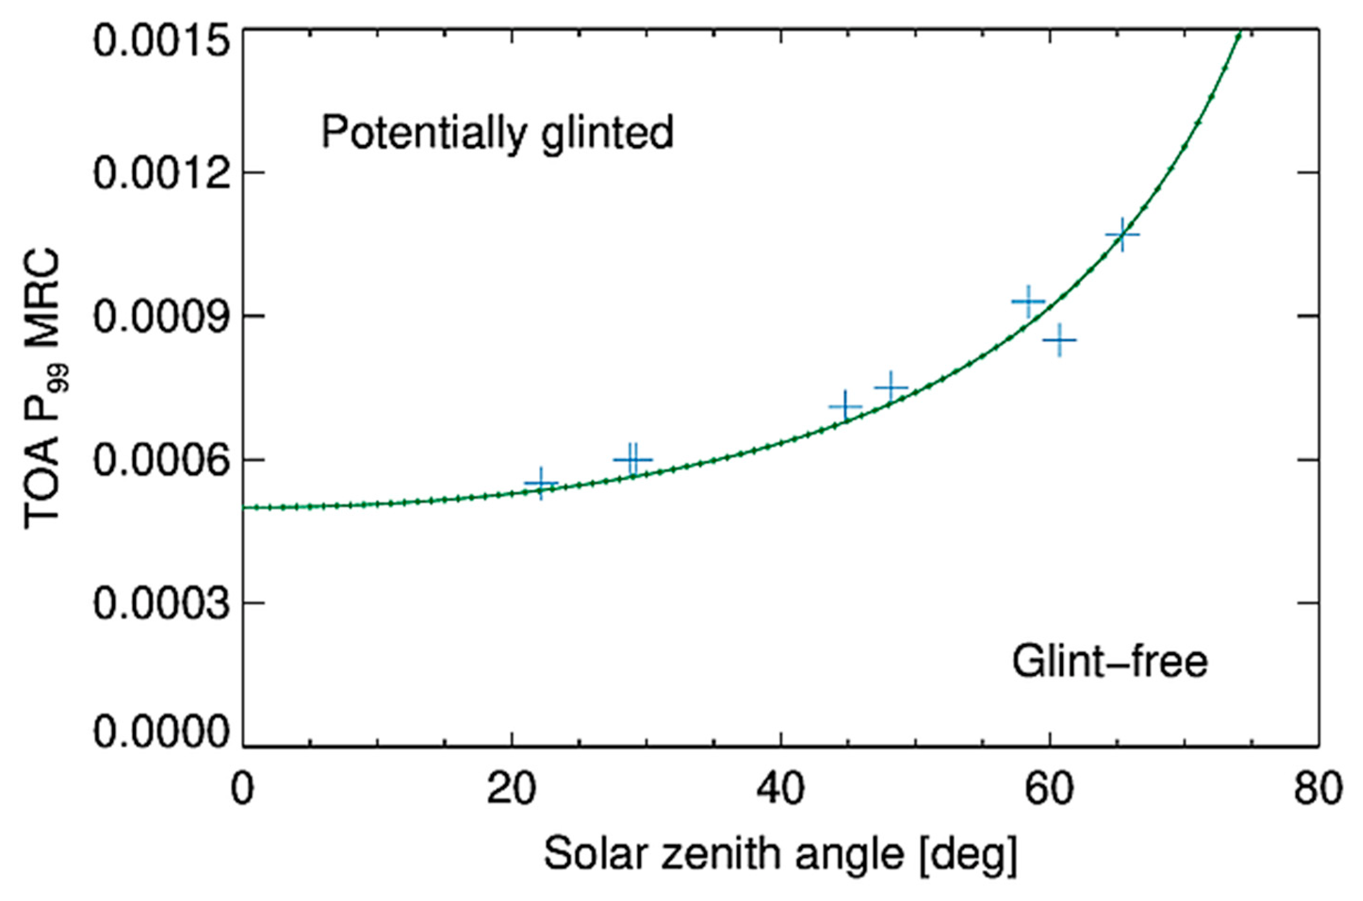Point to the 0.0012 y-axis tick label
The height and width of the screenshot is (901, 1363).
(x=159, y=172)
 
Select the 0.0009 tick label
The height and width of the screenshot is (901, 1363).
(x=159, y=316)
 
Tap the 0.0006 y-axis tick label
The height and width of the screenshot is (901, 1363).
(x=159, y=460)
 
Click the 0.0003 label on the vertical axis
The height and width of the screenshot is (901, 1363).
(x=159, y=603)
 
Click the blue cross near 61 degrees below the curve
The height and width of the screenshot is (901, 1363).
(x=1059, y=340)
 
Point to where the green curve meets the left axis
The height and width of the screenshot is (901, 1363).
(x=244, y=507)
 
